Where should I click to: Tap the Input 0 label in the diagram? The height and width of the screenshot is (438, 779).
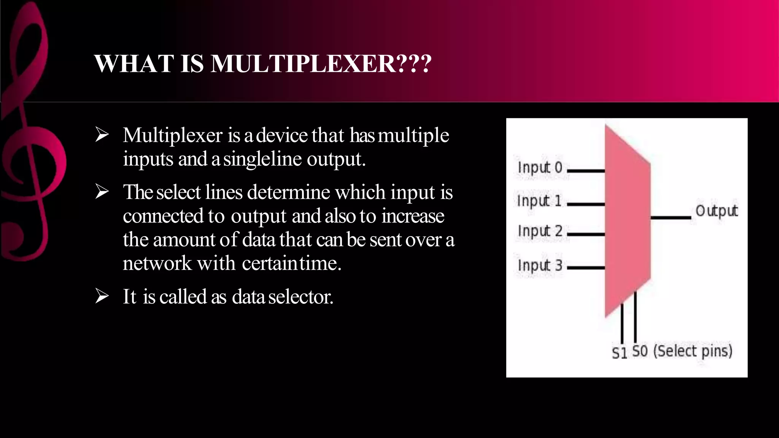point(540,167)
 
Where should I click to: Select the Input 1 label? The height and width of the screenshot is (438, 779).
point(539,201)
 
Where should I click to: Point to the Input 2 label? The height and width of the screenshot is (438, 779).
point(540,231)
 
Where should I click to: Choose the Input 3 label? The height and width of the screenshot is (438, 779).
point(540,265)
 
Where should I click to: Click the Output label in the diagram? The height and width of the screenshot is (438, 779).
point(716,211)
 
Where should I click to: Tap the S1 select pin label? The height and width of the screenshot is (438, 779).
point(619,353)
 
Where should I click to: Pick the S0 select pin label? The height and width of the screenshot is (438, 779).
point(640,351)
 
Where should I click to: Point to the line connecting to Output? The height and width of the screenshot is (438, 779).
point(670,218)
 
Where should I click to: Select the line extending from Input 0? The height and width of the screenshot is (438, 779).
point(586,171)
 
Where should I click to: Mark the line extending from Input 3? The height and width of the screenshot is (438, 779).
point(586,268)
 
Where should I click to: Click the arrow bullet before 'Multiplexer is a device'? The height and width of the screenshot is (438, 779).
point(102,135)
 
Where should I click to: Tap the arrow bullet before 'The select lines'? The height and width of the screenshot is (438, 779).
point(102,192)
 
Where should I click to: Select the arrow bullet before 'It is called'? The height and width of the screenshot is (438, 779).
point(102,296)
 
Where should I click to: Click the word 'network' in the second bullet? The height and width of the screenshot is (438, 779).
point(157,263)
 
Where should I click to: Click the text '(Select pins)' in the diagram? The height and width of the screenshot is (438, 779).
point(693,351)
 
